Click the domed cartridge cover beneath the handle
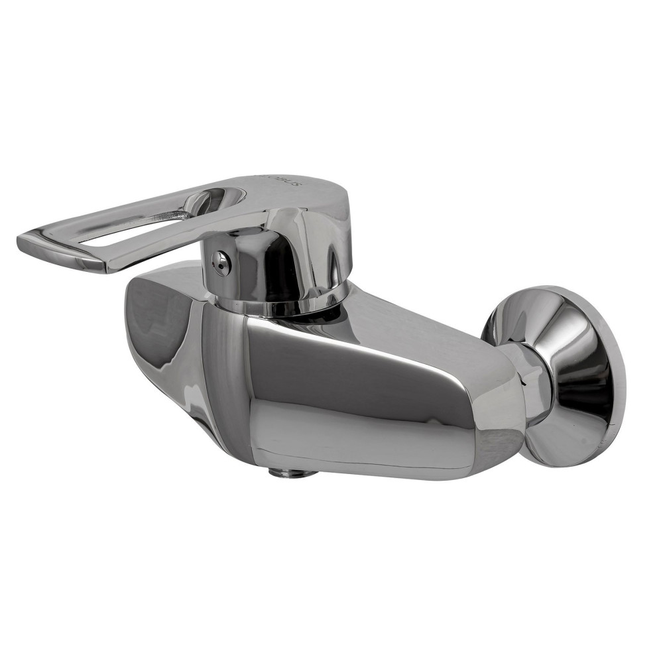[278, 259]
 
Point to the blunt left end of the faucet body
[143, 318]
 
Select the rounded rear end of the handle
[331, 199]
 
